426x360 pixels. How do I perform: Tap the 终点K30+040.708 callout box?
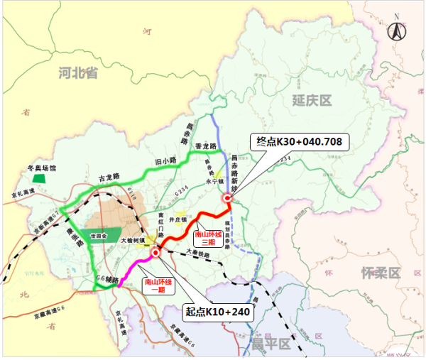pyautogui.click(x=298, y=142)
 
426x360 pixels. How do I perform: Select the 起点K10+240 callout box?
pyautogui.click(x=218, y=310)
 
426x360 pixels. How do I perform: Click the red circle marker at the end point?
pyautogui.click(x=227, y=199)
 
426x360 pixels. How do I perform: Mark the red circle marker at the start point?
pyautogui.click(x=155, y=253)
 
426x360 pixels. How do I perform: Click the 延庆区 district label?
pyautogui.click(x=312, y=100)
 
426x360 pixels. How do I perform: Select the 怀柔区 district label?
pyautogui.click(x=381, y=273)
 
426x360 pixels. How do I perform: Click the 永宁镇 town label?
pyautogui.click(x=214, y=182)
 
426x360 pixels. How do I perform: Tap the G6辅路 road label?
pyautogui.click(x=106, y=280)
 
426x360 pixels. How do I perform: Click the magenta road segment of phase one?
pyautogui.click(x=135, y=271)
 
